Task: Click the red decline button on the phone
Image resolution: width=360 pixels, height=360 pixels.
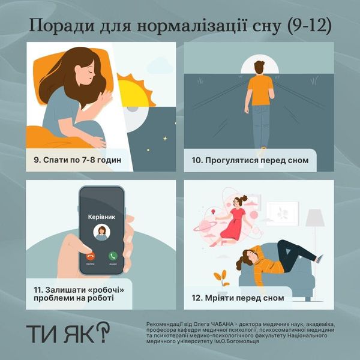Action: coord(91,256)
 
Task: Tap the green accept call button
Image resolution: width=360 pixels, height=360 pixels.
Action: coord(113,256)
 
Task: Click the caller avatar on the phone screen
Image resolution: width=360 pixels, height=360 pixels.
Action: coord(101,232)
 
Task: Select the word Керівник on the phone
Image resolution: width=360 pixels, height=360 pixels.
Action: coord(101,217)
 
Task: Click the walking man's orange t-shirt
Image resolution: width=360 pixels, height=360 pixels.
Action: coord(260,90)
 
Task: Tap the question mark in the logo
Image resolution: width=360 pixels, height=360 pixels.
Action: coord(103,331)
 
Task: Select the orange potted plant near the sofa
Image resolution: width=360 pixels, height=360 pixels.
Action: coord(221,279)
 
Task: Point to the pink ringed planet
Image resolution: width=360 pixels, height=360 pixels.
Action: coord(205,226)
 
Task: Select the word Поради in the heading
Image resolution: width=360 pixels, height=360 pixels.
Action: coord(62,26)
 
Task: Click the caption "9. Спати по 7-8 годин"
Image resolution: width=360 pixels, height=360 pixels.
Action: coord(77,160)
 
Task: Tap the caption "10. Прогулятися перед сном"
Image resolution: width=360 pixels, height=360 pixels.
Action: coord(250,160)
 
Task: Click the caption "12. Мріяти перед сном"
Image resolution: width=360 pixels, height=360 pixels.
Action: coord(238,298)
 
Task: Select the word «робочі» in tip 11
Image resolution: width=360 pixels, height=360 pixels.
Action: coord(106,290)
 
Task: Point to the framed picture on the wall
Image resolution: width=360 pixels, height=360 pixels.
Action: coord(282,213)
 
